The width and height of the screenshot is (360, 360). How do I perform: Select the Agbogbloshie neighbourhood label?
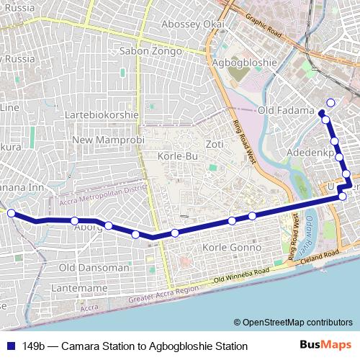(245, 62)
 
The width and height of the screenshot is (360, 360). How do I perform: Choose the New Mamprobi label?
(109, 139)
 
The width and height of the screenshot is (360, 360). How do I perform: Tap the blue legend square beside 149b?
(12, 346)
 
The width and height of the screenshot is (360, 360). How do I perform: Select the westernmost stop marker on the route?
(11, 213)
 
